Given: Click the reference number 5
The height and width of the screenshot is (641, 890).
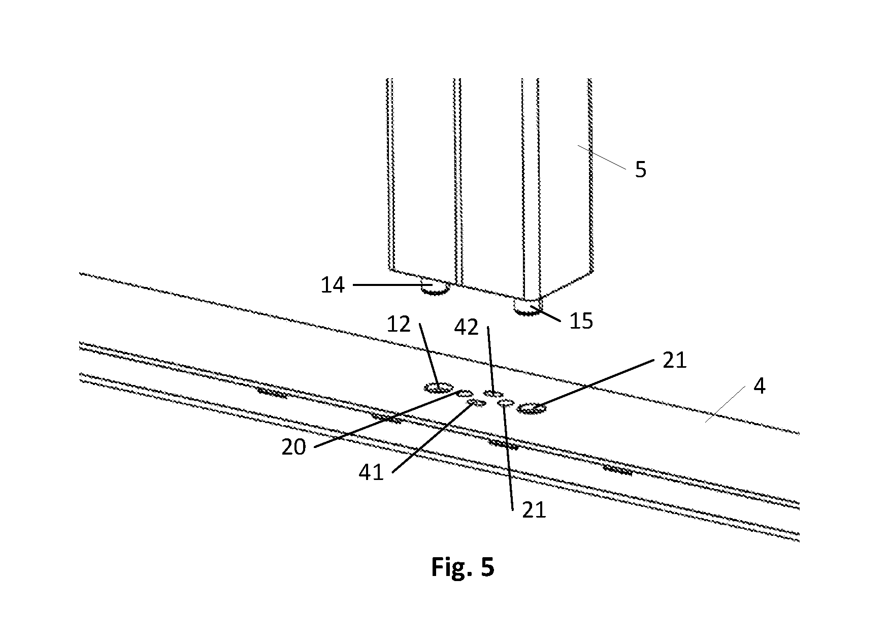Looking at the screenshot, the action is (641, 170).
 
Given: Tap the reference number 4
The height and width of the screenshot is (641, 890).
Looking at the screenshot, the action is (759, 387).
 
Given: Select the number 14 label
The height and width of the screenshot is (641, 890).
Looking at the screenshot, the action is (333, 285).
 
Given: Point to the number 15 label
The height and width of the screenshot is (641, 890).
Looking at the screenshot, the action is (581, 322).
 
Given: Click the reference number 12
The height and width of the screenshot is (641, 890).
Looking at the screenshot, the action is (399, 324).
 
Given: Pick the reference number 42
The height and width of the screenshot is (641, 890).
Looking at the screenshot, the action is (467, 328).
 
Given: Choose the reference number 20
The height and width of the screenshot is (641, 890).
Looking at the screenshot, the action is (294, 447).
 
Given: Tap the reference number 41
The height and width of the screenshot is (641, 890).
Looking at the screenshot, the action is (371, 473).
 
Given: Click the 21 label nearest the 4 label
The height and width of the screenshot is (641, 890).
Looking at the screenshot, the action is (674, 361).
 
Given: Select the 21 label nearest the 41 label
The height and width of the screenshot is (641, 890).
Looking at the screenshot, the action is (534, 510).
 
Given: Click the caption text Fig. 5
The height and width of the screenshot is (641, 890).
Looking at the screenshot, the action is (463, 567).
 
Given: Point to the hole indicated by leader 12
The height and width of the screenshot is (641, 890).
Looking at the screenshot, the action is (439, 389).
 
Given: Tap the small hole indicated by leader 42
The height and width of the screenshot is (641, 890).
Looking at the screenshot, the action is (493, 394).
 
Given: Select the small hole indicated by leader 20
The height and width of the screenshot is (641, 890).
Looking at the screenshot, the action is (465, 393).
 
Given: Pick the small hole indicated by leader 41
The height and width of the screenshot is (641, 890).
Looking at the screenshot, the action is (476, 403).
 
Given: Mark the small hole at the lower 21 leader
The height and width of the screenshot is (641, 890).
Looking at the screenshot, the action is (506, 403).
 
